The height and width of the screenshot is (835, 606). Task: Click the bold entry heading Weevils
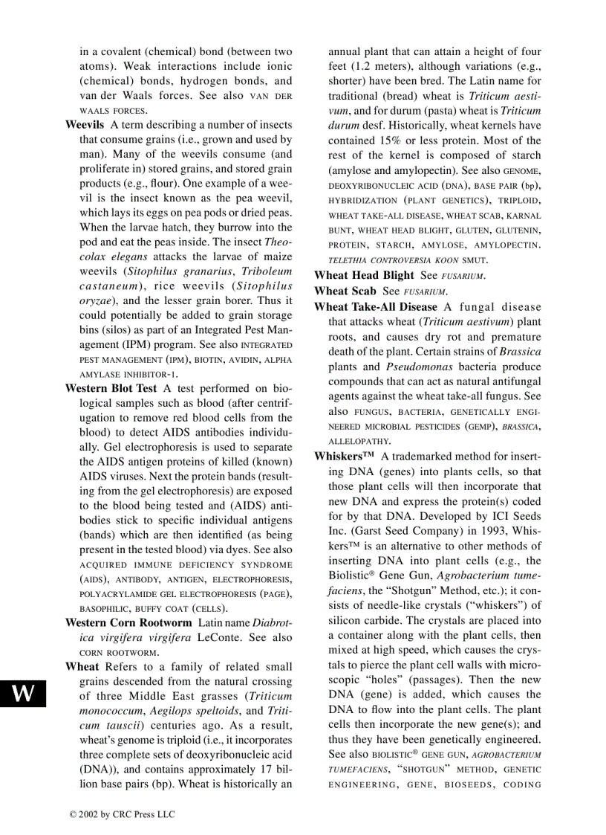[85, 124]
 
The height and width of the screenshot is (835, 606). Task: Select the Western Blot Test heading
[111, 387]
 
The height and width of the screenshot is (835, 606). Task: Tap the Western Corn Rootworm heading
[128, 622]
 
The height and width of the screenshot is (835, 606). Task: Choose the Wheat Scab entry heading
[345, 291]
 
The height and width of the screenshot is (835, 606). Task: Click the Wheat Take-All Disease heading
[376, 306]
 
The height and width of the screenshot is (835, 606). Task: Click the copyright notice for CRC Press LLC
[122, 814]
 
